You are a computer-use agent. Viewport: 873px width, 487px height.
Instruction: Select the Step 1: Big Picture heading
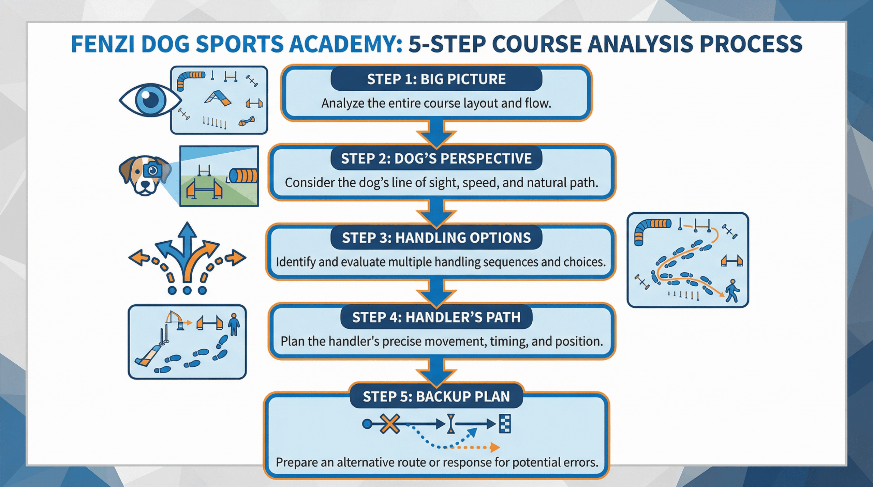[x=436, y=79]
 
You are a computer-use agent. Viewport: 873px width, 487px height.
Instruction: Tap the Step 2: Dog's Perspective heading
[x=436, y=158]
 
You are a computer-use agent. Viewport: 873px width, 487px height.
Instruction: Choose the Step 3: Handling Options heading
[x=436, y=238]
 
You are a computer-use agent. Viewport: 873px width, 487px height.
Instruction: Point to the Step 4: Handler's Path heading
[x=436, y=317]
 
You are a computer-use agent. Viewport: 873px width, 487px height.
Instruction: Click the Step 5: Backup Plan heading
[x=436, y=396]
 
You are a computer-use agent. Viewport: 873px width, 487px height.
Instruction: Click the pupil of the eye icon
[x=150, y=100]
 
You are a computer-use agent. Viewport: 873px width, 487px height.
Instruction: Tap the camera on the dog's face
[x=152, y=170]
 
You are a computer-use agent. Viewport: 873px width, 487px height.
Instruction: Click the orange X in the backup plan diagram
[x=390, y=424]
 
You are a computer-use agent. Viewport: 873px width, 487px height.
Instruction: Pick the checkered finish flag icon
[x=505, y=424]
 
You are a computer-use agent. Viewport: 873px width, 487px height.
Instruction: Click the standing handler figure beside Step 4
[x=234, y=324]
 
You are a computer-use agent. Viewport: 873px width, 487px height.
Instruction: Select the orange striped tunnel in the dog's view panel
[x=243, y=176]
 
